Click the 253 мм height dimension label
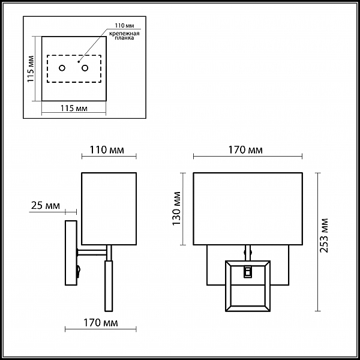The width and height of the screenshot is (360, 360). point(324,236)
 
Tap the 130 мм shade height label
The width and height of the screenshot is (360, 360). point(177,208)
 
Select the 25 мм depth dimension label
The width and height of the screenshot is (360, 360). point(46,205)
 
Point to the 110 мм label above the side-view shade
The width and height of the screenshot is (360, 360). point(107,150)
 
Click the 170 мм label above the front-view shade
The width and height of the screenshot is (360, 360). point(245,150)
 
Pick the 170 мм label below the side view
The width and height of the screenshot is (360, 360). point(101,323)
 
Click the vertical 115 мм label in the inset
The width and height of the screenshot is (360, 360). point(31,69)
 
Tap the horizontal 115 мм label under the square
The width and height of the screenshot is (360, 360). point(74,108)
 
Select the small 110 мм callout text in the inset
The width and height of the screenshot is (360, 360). point(124,25)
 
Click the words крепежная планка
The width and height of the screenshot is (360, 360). point(124,35)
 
